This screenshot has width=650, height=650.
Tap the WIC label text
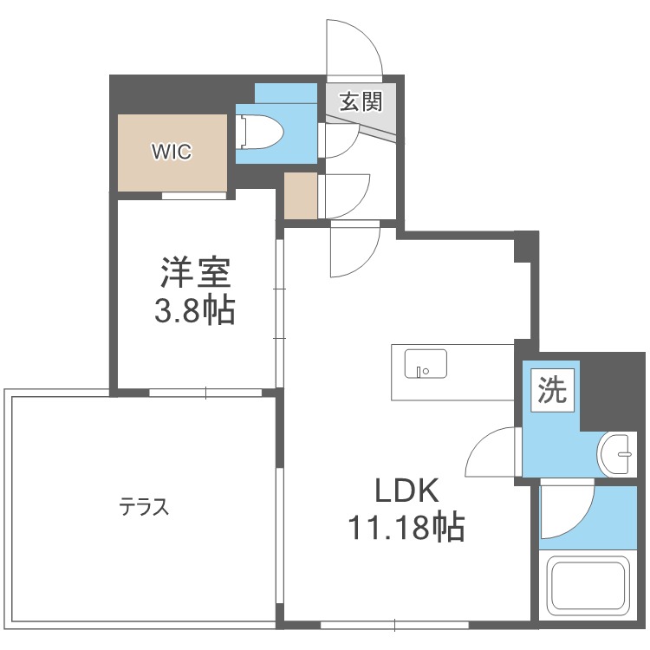(x=172, y=152)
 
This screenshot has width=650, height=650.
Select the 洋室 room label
(x=195, y=274)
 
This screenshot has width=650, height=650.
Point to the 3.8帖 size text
(x=195, y=310)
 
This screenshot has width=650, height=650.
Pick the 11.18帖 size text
(x=406, y=526)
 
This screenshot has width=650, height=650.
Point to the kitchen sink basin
(x=426, y=363)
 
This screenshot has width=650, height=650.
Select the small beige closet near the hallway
(x=301, y=196)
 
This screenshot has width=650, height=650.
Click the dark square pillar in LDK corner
(x=525, y=246)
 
